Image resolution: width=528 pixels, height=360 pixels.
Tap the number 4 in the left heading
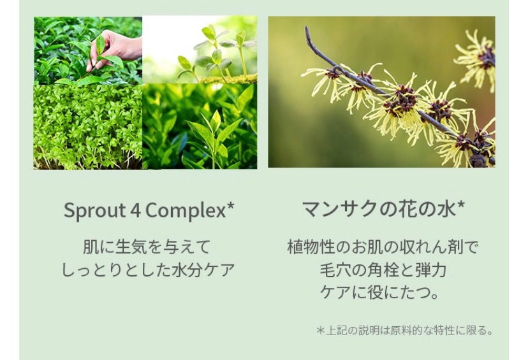(135, 210)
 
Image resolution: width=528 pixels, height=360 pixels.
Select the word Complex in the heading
(186, 211)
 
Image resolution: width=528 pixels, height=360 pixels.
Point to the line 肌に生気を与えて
(147, 247)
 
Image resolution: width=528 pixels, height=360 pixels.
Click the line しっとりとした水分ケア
(148, 270)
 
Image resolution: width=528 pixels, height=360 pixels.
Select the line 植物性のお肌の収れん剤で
(383, 247)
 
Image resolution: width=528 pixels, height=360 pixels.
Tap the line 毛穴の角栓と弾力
(383, 270)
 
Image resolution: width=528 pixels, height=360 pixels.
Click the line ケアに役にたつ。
(380, 292)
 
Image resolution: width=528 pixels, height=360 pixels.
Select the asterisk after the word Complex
(230, 206)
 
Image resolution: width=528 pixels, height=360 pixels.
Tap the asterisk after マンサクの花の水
(461, 205)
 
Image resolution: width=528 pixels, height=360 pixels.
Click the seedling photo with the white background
(200, 50)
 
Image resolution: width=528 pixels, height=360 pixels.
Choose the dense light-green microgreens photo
(88, 127)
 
